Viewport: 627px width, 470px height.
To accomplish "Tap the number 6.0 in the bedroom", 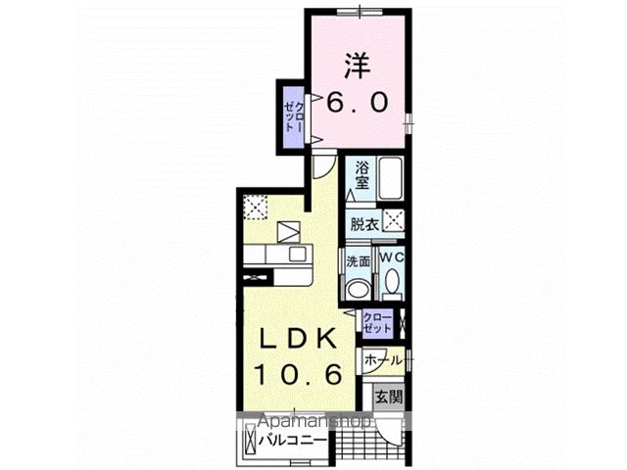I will (358, 101).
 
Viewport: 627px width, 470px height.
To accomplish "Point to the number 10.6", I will (299, 373).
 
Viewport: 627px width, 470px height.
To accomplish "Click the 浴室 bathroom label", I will (362, 173).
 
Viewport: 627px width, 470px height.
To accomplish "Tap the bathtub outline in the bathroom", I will (391, 178).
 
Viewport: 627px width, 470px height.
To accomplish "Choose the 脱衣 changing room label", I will (363, 223).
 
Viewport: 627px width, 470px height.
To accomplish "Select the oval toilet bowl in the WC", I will (392, 283).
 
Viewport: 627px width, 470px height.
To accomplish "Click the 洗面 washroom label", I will (357, 262).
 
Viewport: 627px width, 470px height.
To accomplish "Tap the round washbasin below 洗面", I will (359, 287).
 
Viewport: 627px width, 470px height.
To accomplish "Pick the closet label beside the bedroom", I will (292, 116).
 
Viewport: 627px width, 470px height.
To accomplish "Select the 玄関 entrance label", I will (389, 397).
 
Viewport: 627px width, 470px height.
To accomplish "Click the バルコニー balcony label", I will (293, 440).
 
